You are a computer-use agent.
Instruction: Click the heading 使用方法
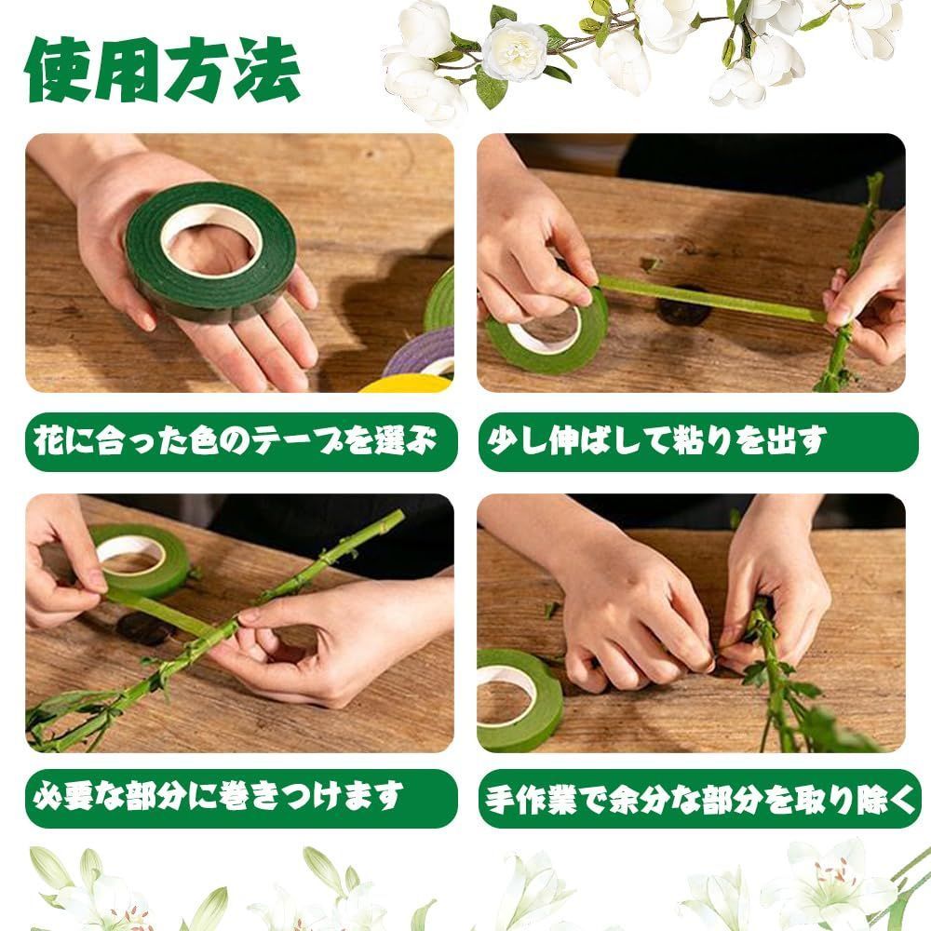[x=162, y=70]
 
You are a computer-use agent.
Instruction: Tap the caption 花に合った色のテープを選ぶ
[x=236, y=441]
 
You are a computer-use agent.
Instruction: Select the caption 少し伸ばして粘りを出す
[x=656, y=441]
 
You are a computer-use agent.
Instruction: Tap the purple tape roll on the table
[x=423, y=352]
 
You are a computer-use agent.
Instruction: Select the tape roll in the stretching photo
[x=547, y=332]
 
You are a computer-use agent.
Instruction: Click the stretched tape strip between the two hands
[x=711, y=299]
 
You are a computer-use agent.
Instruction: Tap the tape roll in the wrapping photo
[x=141, y=560]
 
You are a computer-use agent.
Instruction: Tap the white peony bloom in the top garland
[x=514, y=50]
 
